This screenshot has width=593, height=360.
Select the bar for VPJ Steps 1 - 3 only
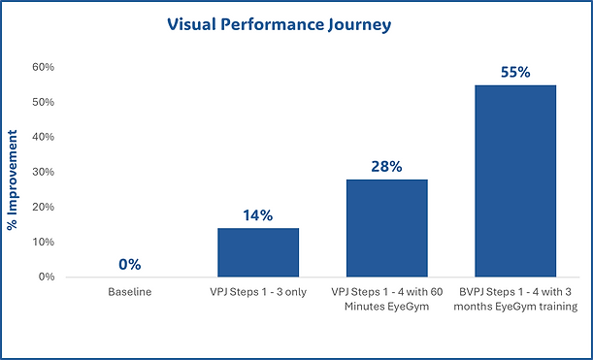point(258,252)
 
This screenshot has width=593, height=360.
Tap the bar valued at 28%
point(386,228)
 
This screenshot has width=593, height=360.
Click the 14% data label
point(258,214)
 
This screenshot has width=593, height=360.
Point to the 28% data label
point(386,166)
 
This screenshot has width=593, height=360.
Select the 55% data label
point(514,72)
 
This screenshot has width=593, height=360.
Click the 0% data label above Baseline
point(130,264)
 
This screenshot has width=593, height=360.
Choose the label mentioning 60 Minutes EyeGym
point(386,299)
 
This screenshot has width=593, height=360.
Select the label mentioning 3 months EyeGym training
point(514,299)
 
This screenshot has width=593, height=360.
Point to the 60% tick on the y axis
point(43,67)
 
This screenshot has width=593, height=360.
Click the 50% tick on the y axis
point(43,102)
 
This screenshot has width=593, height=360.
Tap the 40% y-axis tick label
point(43,137)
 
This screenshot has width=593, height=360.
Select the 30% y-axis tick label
point(43,172)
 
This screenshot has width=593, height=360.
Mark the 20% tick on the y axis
point(43,207)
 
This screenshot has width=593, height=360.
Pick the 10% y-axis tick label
point(43,242)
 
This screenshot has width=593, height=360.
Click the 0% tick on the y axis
point(46,277)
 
